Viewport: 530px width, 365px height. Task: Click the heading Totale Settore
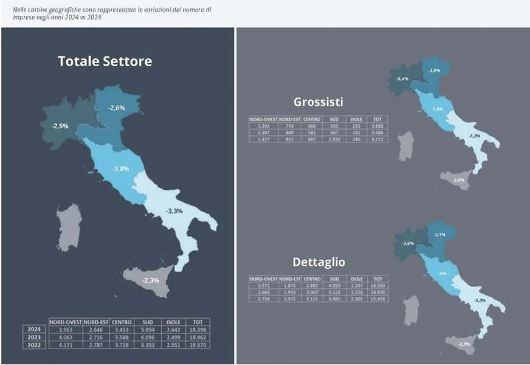(x=105, y=61)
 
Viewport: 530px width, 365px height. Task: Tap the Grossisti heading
(x=318, y=102)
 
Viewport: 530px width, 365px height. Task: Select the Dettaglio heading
(x=319, y=262)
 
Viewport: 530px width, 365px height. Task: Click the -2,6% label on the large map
(x=117, y=108)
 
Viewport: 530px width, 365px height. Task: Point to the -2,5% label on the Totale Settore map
(x=60, y=126)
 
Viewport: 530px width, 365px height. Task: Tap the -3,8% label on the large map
(x=120, y=169)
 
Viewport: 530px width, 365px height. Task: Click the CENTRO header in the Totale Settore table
(x=122, y=322)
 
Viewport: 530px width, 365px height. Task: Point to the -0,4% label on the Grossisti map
(x=402, y=79)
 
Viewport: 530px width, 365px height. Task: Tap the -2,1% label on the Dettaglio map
(x=440, y=235)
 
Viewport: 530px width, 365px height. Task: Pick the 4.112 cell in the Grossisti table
(x=378, y=140)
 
